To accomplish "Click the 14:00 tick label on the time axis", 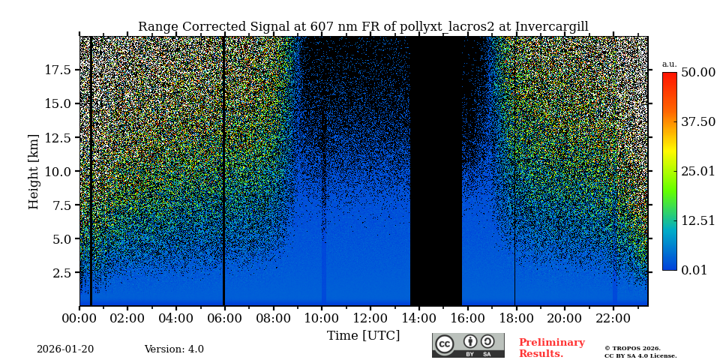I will [418, 318].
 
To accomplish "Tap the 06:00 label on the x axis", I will [224, 318].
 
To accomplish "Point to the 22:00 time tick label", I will [613, 318].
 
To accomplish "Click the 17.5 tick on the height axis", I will [58, 70].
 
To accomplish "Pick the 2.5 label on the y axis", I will [63, 273].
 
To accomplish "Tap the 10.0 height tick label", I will [58, 172].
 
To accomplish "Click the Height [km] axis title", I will [34, 171].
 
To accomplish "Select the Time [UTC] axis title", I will [363, 335].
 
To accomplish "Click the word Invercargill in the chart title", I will [551, 27].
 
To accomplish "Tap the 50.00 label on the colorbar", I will [697, 73].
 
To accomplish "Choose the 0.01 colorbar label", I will [694, 270].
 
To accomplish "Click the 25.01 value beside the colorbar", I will [697, 172].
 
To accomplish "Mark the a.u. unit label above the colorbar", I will [669, 64].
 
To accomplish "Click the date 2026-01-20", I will [65, 349].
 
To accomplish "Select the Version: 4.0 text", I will [174, 349].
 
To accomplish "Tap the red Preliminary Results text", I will [551, 348].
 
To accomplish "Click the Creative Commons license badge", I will [468, 345].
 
